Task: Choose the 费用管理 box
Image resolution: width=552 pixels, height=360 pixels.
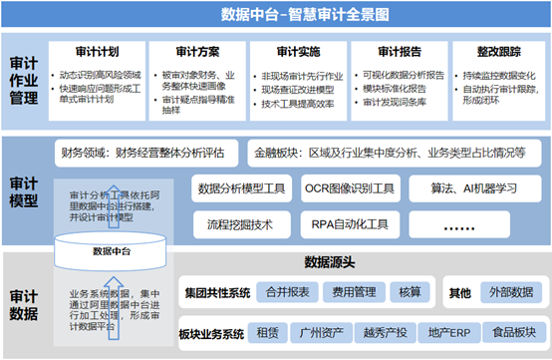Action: point(353,293)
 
